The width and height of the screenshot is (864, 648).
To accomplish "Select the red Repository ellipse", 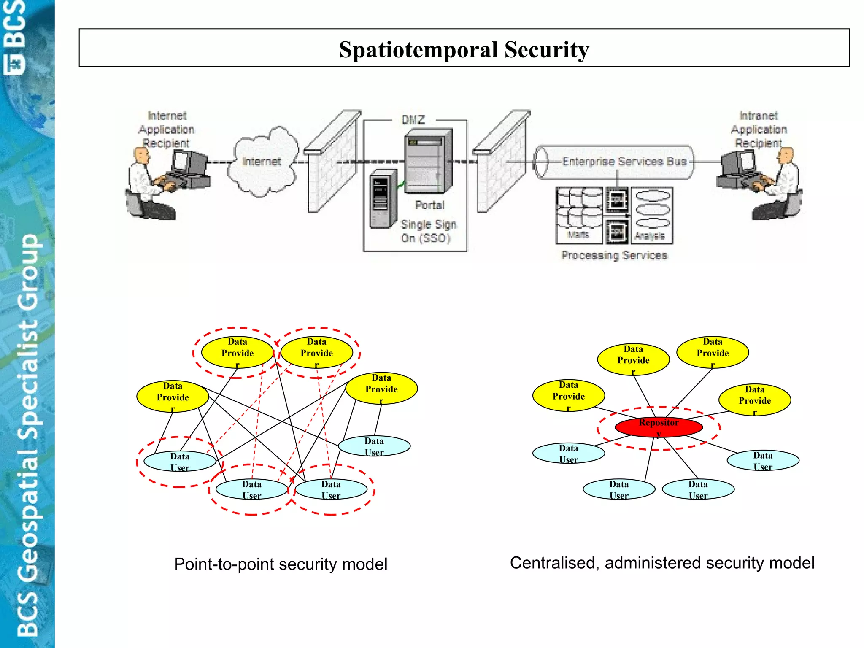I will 659,427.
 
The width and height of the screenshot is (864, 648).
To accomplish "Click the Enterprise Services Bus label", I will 624,162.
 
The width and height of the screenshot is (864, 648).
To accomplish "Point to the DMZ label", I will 413,120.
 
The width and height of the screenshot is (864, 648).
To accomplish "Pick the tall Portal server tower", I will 428,162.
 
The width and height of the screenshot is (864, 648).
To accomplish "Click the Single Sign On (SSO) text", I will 428,231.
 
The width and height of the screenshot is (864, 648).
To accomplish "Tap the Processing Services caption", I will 614,255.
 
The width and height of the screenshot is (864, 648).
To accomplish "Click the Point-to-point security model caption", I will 281,564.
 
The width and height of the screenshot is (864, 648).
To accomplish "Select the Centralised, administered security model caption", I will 662,563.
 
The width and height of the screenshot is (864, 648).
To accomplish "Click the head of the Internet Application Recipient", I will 141,155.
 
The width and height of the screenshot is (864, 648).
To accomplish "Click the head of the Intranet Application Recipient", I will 786,155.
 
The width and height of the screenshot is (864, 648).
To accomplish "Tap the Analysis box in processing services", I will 652,215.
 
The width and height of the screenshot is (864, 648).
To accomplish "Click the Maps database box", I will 579,215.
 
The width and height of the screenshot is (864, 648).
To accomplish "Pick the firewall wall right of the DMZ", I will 501,165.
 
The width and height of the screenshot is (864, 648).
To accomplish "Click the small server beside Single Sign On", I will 382,198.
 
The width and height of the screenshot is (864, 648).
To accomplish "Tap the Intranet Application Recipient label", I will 759,129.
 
